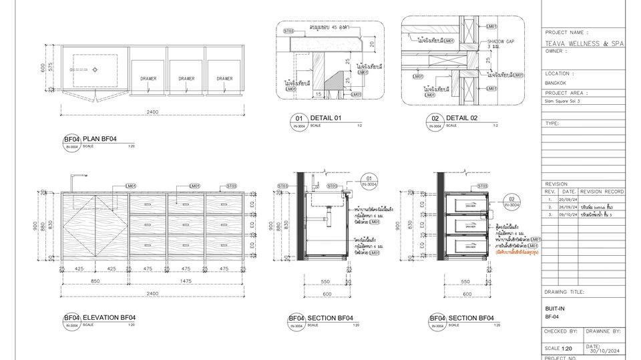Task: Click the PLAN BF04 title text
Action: (99, 139)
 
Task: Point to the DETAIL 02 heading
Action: (462, 118)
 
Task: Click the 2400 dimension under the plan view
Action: (153, 112)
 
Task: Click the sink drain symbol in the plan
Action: (95, 69)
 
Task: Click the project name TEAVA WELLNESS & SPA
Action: (584, 43)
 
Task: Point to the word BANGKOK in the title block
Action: (556, 82)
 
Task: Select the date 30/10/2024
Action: (605, 350)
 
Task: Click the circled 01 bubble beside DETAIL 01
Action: (298, 120)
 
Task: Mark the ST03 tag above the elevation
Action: (231, 186)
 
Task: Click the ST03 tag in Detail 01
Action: (289, 31)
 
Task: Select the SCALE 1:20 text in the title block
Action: (558, 349)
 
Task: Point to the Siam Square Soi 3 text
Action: (563, 102)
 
